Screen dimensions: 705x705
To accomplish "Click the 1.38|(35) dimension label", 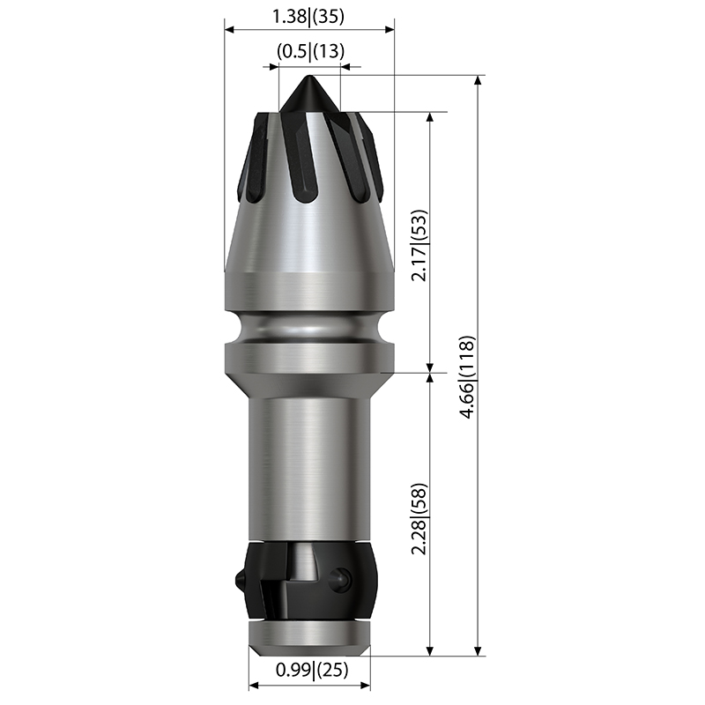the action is coord(308,17).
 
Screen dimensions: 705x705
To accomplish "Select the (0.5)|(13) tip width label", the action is coord(311,51).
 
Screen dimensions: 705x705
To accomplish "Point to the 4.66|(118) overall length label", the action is coord(468,377).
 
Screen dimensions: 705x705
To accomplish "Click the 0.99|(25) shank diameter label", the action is coord(312,670).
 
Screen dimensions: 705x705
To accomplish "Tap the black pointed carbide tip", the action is coord(309,94).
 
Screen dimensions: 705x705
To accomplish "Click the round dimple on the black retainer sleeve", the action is coord(339,577).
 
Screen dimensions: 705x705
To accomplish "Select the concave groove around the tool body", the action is coord(309,327).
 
